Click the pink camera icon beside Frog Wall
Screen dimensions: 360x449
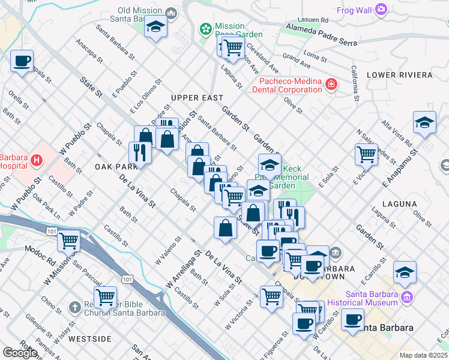(381, 9)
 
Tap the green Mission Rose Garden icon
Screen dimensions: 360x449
(206, 28)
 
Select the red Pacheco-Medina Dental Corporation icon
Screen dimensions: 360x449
(331, 85)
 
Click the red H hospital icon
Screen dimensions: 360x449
(37, 160)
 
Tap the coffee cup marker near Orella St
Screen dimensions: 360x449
(22, 61)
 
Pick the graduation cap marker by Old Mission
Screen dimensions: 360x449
(155, 28)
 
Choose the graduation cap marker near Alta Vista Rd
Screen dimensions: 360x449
(424, 122)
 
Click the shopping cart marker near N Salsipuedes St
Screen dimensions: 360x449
(366, 154)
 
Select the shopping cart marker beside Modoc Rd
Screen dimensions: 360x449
(69, 241)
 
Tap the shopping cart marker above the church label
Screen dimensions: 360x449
(106, 296)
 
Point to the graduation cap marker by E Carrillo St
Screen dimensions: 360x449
(405, 272)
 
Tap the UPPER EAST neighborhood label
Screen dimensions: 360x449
(197, 98)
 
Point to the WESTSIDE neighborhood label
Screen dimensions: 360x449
(91, 339)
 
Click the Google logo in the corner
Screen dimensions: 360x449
(20, 352)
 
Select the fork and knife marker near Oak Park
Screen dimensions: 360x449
(140, 152)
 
